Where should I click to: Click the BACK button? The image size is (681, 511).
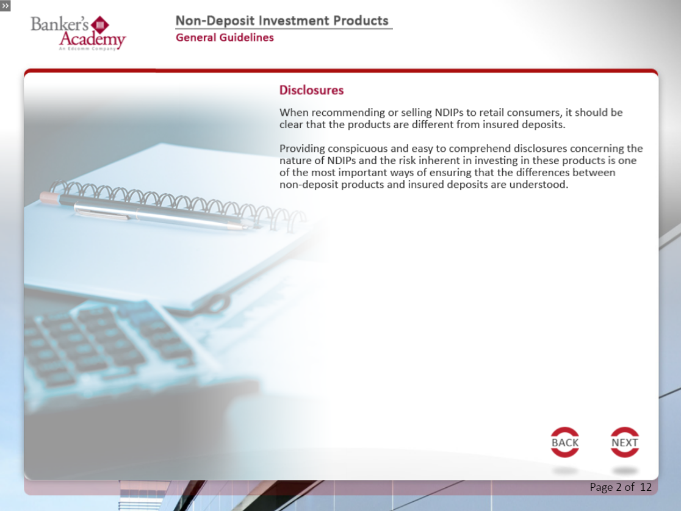[x=564, y=443]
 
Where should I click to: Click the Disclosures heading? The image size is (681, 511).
[x=311, y=90]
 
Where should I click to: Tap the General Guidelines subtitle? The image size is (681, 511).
[x=225, y=38]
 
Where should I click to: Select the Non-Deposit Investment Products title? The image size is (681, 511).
[x=282, y=21]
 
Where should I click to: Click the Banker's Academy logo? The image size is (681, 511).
[x=78, y=33]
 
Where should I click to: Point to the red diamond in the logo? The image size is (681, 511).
[x=100, y=25]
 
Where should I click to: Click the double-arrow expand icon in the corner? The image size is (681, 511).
[x=5, y=5]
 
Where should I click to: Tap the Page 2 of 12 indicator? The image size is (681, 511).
[x=621, y=487]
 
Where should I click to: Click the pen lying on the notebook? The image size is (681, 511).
[x=160, y=216]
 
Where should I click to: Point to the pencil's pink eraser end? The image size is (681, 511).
[x=49, y=198]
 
